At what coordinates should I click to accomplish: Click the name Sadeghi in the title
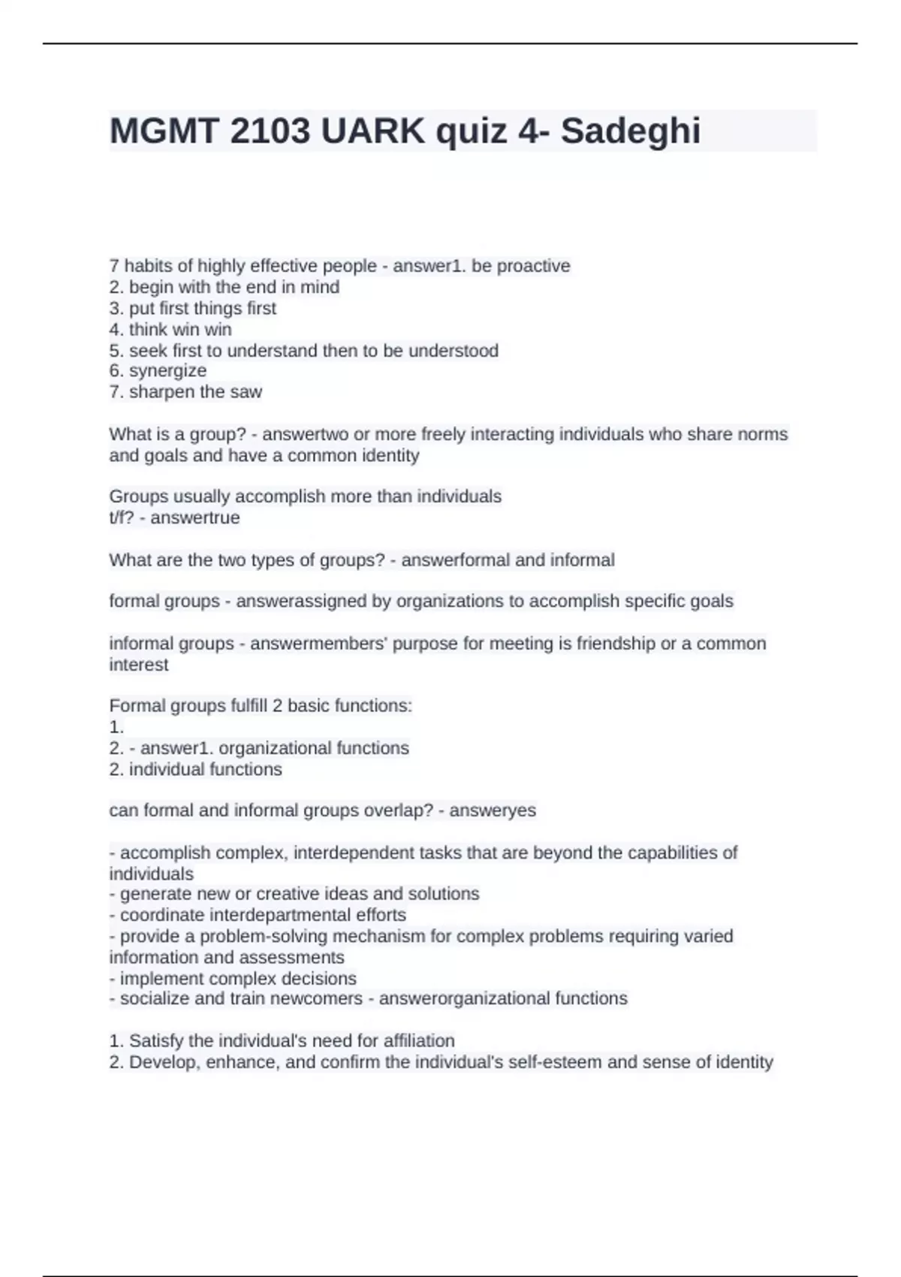630,131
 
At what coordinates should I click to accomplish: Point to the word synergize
167,371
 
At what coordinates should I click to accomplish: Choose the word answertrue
195,518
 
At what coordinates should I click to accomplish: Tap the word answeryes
493,811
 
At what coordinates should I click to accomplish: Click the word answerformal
455,560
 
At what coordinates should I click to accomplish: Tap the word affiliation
419,1040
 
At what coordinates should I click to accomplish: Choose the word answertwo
306,434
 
